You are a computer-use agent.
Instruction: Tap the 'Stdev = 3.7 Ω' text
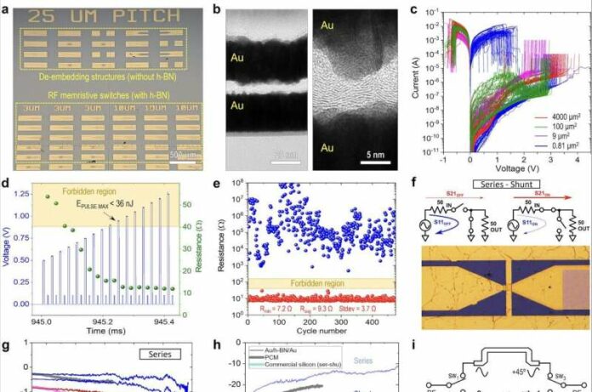pos(367,301)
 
